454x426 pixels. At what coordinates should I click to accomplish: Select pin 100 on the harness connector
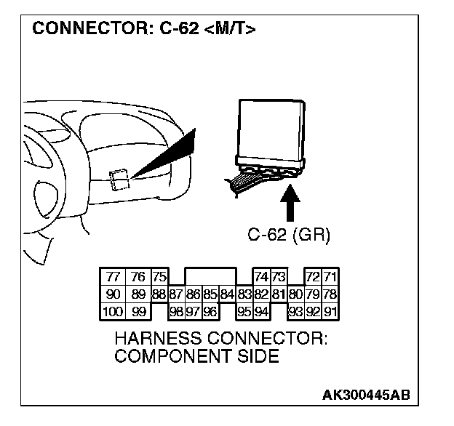tap(111, 312)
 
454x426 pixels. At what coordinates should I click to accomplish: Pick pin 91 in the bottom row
tap(330, 312)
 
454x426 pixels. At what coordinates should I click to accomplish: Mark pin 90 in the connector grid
tap(112, 294)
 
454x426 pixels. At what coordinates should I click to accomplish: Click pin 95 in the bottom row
tap(244, 312)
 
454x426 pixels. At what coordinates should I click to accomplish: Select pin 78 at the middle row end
tap(330, 294)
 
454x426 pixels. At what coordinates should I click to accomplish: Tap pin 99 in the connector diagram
tap(138, 312)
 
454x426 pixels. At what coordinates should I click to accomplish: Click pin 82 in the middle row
tap(261, 294)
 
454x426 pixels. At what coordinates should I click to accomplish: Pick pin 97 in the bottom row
tap(193, 312)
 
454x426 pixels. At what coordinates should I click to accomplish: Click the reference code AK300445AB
tap(366, 395)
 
